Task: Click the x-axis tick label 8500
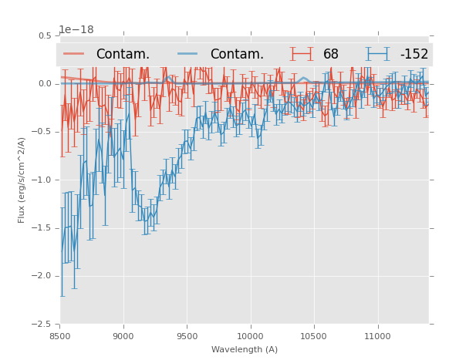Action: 60,335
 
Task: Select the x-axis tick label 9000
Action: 123,335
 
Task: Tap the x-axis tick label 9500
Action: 187,335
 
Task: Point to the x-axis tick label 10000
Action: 250,335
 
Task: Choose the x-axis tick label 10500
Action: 314,335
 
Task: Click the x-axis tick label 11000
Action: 377,335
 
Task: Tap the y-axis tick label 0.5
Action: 45,35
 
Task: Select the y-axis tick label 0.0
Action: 45,84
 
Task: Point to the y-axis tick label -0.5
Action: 43,132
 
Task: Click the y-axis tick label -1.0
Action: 43,180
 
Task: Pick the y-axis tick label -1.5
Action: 43,228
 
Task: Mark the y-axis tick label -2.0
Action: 43,276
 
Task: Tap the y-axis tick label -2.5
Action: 43,324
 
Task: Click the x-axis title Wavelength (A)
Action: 245,349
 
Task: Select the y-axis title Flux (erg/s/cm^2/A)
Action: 22,180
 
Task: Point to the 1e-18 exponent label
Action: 76,30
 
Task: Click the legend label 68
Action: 331,54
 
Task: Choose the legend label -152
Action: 414,54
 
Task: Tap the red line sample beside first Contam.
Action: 74,54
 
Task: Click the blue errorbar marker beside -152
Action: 378,54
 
